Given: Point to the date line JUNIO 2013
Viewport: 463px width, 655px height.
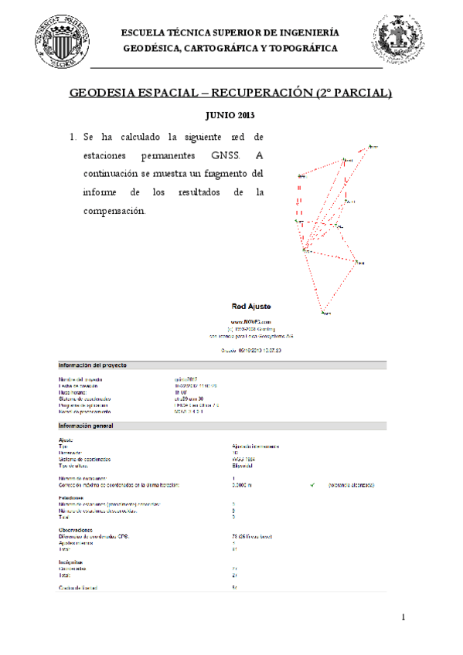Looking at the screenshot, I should click(x=230, y=115).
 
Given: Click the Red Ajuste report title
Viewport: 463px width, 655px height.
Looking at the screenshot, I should click(x=250, y=307).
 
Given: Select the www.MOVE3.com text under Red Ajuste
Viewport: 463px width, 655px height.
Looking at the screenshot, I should click(x=251, y=321).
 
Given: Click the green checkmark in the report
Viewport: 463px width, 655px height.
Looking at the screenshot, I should click(x=312, y=485).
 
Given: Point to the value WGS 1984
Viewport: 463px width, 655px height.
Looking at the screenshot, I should click(x=243, y=459).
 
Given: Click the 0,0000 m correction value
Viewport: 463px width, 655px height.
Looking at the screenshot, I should click(x=244, y=485).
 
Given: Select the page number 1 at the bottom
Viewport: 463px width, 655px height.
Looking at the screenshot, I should click(x=403, y=618).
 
